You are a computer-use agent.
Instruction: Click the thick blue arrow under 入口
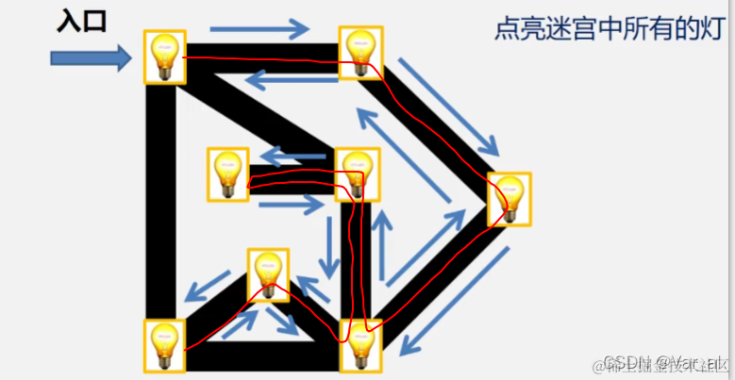click(x=91, y=59)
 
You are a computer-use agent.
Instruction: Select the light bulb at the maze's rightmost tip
click(x=509, y=199)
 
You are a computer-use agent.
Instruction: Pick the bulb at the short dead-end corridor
click(x=228, y=173)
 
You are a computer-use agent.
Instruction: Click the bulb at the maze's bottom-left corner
click(x=164, y=345)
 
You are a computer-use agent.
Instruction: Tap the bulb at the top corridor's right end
click(x=361, y=54)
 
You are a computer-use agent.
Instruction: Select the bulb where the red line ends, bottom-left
click(x=164, y=345)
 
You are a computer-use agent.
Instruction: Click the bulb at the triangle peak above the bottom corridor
click(x=269, y=274)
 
